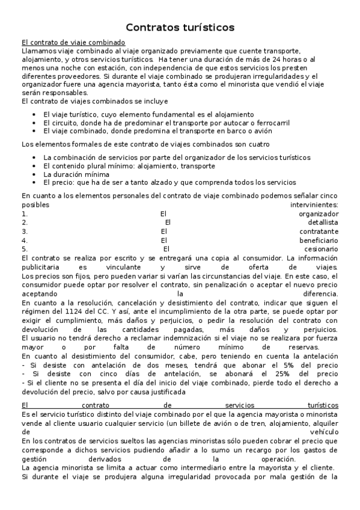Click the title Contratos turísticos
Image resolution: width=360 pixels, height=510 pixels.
(180, 28)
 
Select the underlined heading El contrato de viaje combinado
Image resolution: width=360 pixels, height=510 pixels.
(73, 42)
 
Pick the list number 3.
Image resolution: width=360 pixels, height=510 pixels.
(24, 231)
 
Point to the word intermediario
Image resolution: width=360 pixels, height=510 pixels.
(178, 467)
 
